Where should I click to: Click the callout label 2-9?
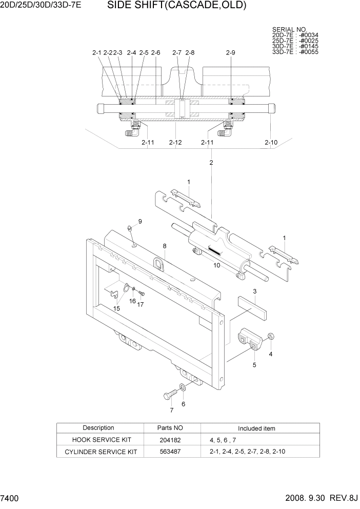pyautogui.click(x=230, y=52)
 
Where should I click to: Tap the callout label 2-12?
pyautogui.click(x=175, y=142)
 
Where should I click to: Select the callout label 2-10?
pyautogui.click(x=271, y=142)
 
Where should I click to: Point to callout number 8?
pyautogui.click(x=165, y=246)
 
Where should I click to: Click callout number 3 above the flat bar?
pyautogui.click(x=254, y=291)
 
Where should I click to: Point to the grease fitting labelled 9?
pyautogui.click(x=130, y=228)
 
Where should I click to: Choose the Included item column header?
pyautogui.click(x=256, y=428)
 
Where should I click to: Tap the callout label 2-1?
pyautogui.click(x=97, y=52)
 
